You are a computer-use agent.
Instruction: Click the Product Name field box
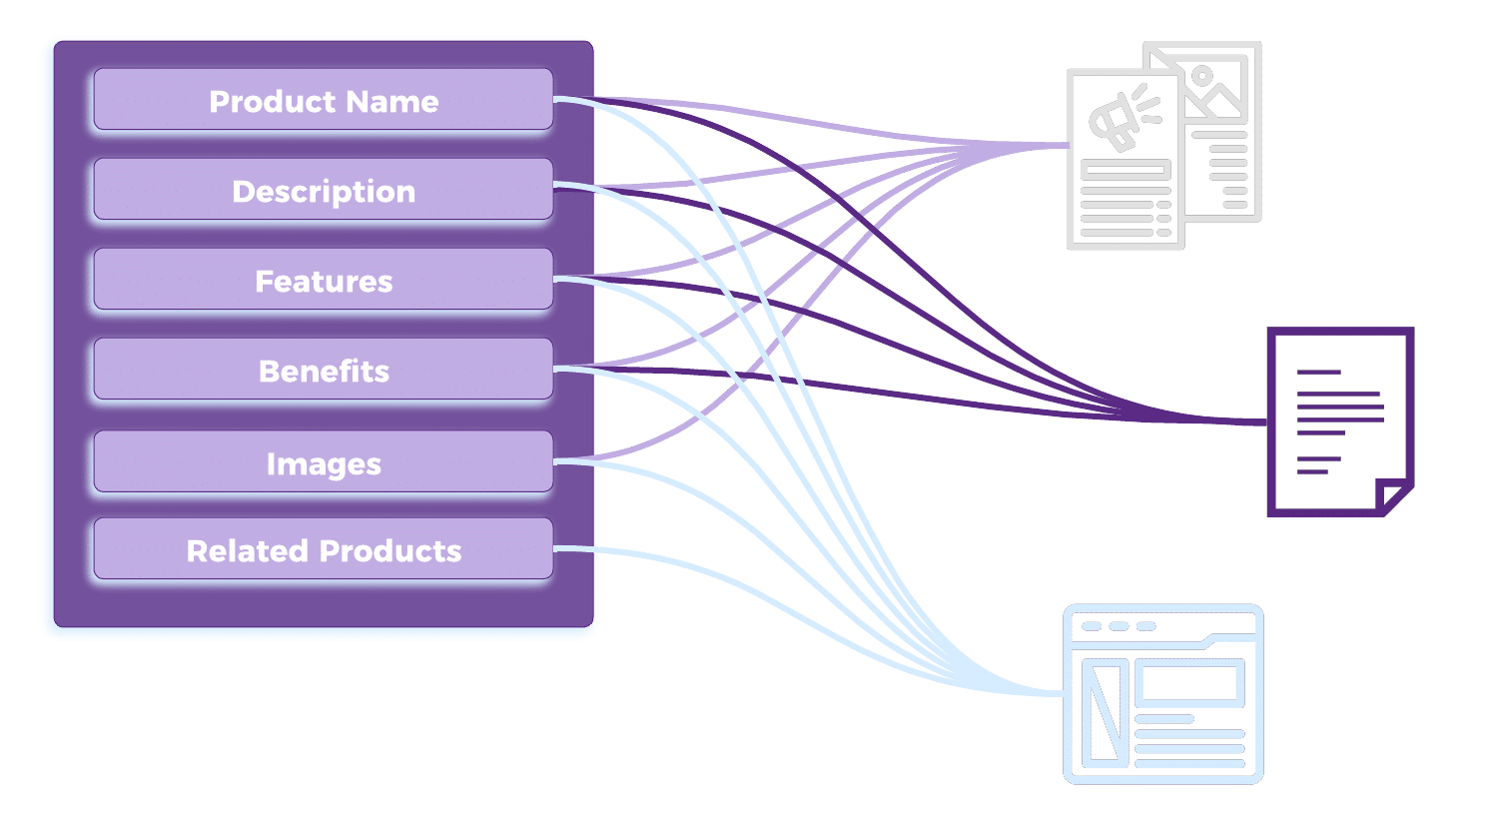323,100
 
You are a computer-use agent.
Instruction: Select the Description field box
323,190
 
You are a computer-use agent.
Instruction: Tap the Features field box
323,280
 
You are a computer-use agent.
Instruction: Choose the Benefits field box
323,370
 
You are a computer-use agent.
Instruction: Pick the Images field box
323,462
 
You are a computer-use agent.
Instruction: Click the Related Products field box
323,549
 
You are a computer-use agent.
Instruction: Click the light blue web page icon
1163,693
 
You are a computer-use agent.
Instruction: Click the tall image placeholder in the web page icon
1104,713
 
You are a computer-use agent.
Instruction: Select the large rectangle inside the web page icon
1188,683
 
